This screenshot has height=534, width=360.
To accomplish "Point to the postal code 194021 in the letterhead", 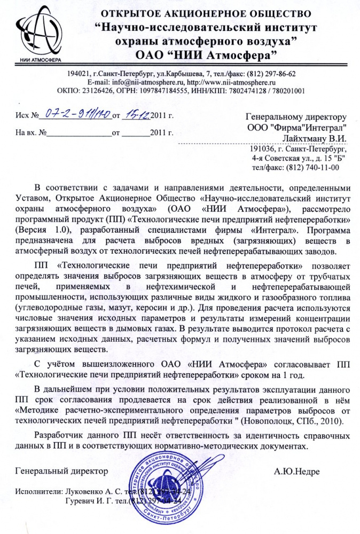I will pyautogui.click(x=79, y=74).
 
